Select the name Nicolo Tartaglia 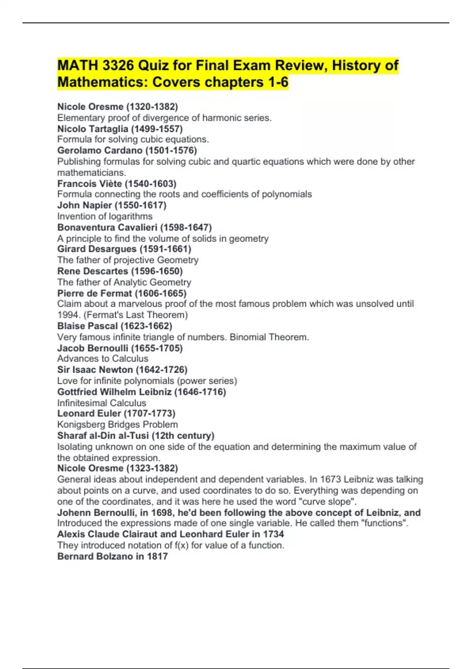[x=92, y=129]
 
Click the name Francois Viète [x=89, y=184]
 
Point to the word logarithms [x=129, y=216]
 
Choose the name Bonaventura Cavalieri [x=107, y=227]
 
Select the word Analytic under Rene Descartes [x=130, y=282]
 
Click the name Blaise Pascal [x=87, y=326]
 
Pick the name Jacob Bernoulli [x=92, y=348]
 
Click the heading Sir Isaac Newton [x=95, y=370]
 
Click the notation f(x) [x=181, y=545]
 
